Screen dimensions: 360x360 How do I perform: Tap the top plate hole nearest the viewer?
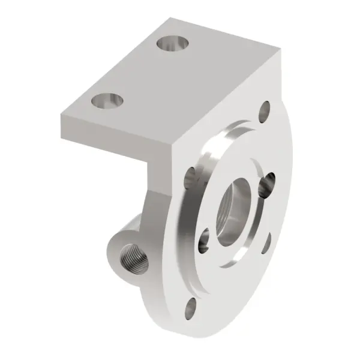point(108,100)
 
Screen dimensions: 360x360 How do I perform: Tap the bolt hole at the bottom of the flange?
point(190,310)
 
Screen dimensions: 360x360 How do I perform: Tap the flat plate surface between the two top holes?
point(141,72)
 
